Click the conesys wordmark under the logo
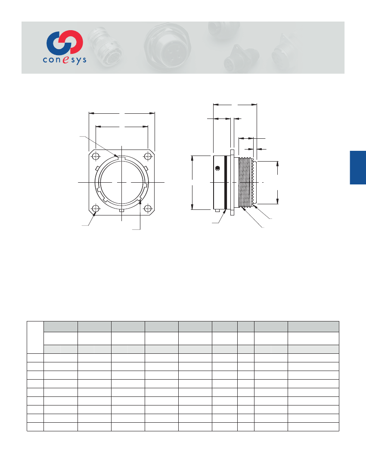(64, 60)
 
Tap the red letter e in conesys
(65, 61)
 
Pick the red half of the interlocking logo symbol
(73, 42)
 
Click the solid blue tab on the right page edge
(358, 168)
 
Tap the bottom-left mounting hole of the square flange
(96, 209)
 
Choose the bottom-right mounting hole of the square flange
(148, 209)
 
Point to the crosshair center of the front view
(122, 182)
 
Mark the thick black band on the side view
(225, 182)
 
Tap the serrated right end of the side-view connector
(255, 182)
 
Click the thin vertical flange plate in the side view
(232, 182)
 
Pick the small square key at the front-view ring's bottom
(122, 211)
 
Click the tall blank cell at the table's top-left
(35, 337)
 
